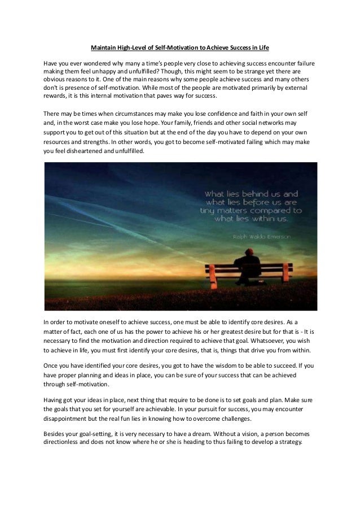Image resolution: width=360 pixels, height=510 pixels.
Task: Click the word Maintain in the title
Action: point(104,49)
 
